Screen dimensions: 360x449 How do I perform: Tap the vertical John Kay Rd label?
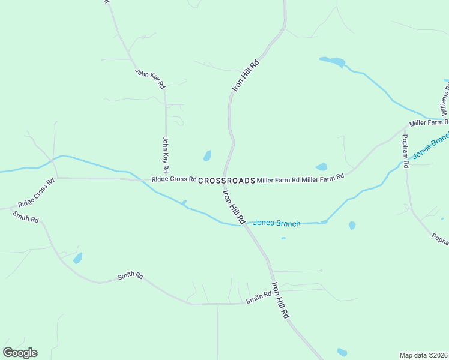(166, 155)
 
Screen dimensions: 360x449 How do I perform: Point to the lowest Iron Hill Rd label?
(280, 300)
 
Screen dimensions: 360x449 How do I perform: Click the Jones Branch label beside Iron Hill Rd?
(276, 223)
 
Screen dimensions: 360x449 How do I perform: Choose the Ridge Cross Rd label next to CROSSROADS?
(174, 179)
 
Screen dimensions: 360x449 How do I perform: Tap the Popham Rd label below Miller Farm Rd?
(406, 151)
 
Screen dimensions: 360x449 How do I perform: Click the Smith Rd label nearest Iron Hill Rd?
(259, 297)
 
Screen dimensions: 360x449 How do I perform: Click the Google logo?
(20, 353)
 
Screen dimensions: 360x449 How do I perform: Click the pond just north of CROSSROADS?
(207, 156)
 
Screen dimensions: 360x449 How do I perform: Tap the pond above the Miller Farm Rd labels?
(321, 167)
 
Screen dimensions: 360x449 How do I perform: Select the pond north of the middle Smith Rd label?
(77, 258)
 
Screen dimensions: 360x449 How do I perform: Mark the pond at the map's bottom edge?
(342, 352)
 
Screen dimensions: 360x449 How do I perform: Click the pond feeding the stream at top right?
(333, 61)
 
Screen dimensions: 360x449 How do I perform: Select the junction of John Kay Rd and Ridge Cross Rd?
(166, 178)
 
